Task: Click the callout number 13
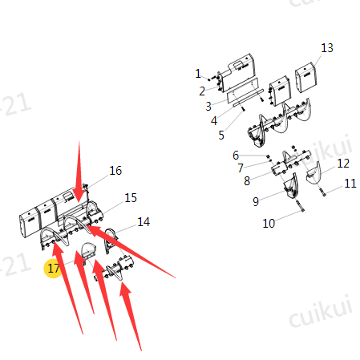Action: click(x=327, y=48)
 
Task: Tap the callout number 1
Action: click(x=198, y=74)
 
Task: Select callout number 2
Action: click(x=202, y=91)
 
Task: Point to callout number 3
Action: click(x=208, y=107)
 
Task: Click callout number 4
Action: click(x=214, y=121)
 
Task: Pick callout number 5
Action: click(x=221, y=136)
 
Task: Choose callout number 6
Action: click(x=236, y=156)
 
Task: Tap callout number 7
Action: click(x=241, y=168)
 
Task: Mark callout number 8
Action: click(x=247, y=181)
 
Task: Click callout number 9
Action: click(x=256, y=201)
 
